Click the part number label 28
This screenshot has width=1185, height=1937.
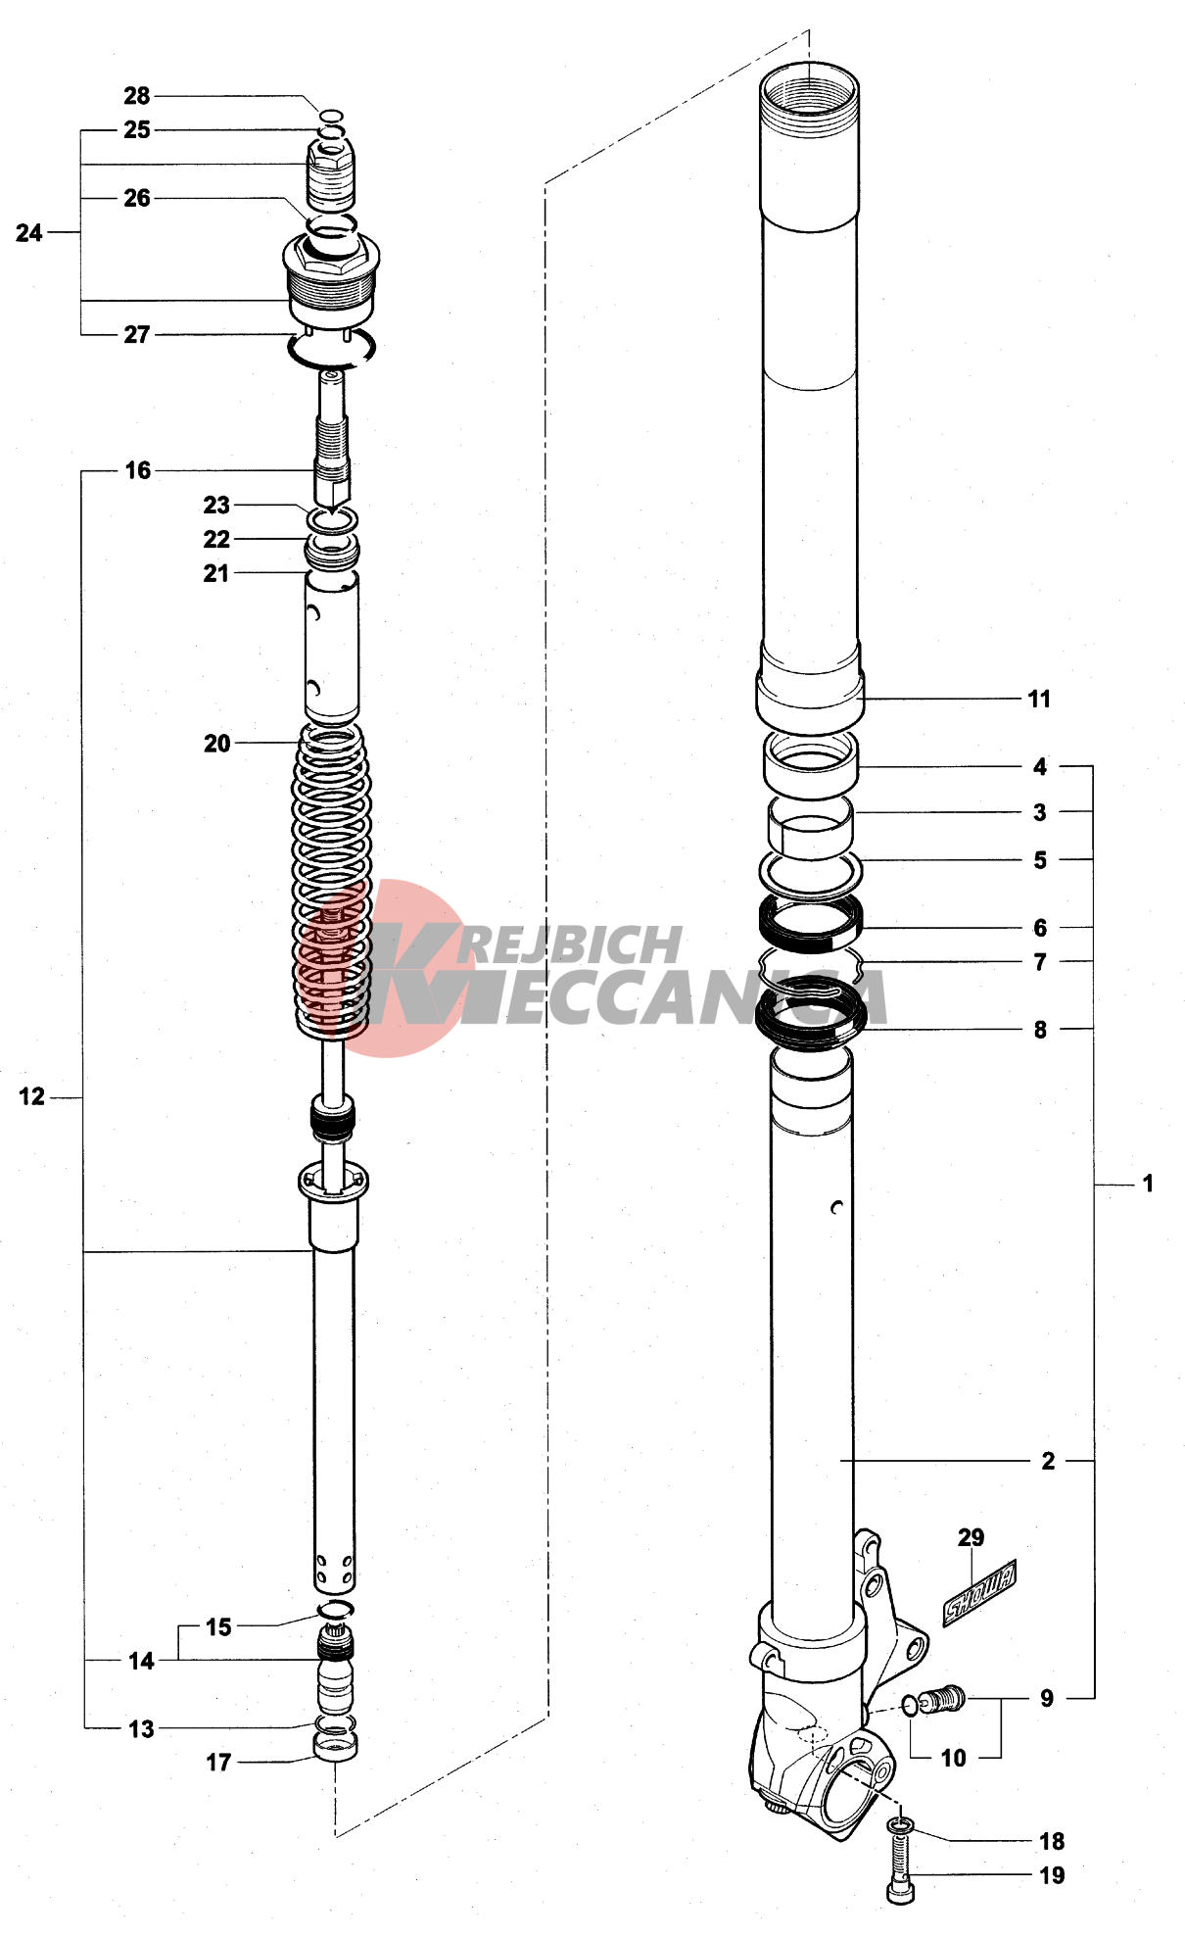click(136, 96)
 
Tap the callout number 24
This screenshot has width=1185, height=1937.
click(29, 233)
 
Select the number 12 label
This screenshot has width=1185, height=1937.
click(32, 1097)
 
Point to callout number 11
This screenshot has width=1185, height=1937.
click(1039, 700)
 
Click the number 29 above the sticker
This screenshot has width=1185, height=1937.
click(971, 1537)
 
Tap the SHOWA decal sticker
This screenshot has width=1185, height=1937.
click(979, 1592)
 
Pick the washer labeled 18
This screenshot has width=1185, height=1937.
click(900, 1824)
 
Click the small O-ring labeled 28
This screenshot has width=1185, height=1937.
click(332, 116)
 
